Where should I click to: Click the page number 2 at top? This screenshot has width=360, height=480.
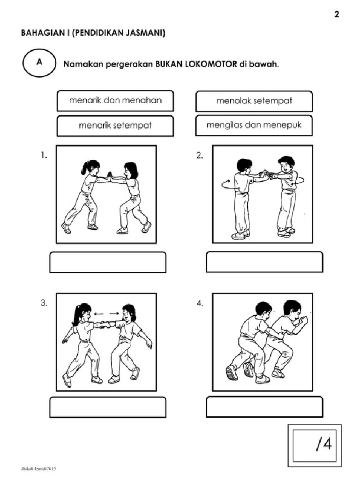pos(336,14)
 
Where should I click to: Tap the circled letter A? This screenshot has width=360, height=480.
pos(39,63)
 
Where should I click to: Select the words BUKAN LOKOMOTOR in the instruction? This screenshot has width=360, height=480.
pos(196,64)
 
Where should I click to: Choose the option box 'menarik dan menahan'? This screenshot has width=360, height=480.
pos(115,100)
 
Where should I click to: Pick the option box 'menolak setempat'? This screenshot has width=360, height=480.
pos(254,101)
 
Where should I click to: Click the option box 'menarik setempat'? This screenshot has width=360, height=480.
pos(115,126)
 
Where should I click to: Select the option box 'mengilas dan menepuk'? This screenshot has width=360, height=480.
pos(254,125)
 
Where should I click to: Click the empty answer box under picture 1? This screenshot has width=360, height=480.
pos(108,262)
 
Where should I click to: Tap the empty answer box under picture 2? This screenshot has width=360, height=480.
pos(264,262)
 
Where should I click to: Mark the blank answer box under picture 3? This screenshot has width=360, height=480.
pos(108,407)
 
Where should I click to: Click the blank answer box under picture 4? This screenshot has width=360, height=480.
pos(264,406)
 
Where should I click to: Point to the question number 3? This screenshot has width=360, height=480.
pos(44,303)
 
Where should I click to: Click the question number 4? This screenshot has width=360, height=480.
pos(200,303)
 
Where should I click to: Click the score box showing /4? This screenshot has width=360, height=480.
pos(314,443)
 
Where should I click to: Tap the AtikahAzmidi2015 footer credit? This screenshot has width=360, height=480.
pos(38,468)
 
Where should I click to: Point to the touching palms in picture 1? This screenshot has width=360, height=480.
pos(109,176)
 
